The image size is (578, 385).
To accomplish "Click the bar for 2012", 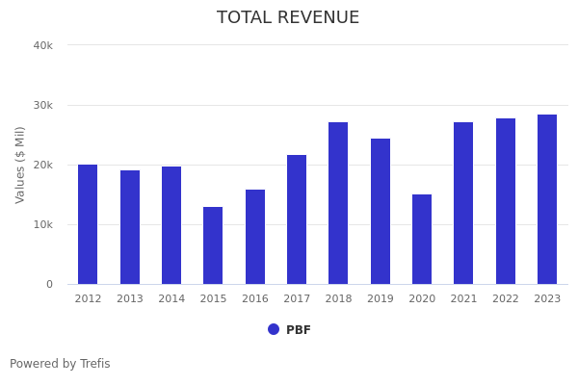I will pos(88,224).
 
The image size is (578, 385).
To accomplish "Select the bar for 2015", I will pos(213,245).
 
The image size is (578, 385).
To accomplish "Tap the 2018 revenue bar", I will pos(338,203).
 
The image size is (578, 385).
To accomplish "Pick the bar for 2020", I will pos(422,239).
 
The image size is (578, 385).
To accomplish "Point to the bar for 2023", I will pos(547,199).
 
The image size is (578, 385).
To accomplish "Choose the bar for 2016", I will pos(255,237).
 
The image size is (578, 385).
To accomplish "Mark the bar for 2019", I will pos(381,211).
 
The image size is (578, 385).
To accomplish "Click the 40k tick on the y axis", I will pos(42,45).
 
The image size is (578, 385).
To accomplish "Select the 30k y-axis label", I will pos(42,105).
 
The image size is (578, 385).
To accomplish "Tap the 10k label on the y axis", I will pos(42,224).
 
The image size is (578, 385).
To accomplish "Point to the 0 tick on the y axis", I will pos(48,284).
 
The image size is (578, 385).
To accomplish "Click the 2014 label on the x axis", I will pos(171,299).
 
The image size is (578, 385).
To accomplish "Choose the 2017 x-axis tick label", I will pos(297,299).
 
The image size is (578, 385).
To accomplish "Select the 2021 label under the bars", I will pos(463,299).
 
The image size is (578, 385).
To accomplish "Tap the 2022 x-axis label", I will pos(506,299).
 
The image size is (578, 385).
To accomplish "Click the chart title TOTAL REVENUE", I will pos(288,18).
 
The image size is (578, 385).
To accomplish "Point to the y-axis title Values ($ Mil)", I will pos(20,165).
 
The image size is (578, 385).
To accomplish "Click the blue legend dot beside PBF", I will pos(274,329).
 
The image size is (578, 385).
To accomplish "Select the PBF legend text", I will pos(299,330).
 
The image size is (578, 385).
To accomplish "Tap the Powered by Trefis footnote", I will pos(60,364).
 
